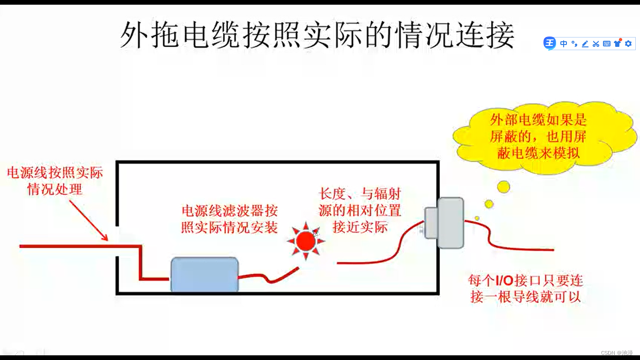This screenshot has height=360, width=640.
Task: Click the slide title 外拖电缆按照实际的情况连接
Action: point(317,35)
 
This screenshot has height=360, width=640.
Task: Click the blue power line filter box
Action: point(204,275)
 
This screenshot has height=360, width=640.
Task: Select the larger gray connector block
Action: point(451,223)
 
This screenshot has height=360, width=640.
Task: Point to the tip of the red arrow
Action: point(107,240)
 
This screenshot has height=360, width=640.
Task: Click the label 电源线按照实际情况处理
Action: point(55,181)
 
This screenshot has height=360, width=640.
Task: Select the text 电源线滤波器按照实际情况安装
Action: point(230,218)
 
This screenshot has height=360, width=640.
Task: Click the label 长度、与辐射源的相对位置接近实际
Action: point(360,210)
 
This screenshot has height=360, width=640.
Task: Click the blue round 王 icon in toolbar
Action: point(550,44)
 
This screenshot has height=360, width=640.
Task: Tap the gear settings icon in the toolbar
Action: point(628,44)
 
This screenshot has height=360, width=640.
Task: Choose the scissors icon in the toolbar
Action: point(595,44)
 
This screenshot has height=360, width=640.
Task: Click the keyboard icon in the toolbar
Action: point(606,44)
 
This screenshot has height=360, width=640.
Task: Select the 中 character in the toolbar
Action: point(564,44)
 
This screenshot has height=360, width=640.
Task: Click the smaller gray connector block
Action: point(431,223)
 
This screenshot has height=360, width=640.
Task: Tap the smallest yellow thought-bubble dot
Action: point(477,218)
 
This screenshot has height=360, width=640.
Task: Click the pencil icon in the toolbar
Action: point(585,44)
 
